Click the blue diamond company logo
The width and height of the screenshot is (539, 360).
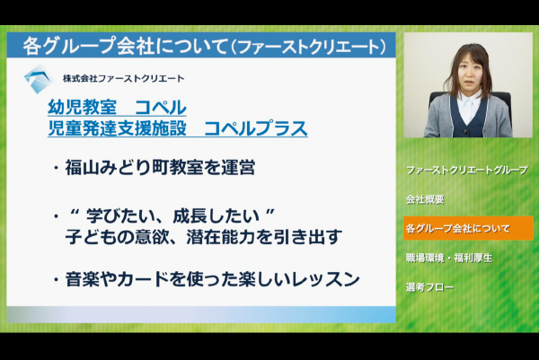click(x=39, y=79)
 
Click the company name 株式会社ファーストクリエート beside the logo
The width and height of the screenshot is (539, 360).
click(x=123, y=79)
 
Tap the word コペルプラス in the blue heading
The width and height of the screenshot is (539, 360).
click(x=255, y=128)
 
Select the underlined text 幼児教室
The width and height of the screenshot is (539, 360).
click(x=82, y=107)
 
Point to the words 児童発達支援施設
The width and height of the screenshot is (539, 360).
click(x=117, y=128)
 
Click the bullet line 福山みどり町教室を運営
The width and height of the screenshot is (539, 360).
click(x=160, y=168)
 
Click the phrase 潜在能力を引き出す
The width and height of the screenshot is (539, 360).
click(x=264, y=237)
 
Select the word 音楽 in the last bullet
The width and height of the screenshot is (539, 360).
click(x=83, y=279)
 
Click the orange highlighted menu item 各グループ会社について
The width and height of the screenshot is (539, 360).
click(x=468, y=228)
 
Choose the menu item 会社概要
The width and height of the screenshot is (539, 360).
click(x=425, y=199)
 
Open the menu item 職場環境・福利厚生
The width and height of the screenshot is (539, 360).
click(x=449, y=258)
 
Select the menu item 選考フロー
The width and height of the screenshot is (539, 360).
click(x=430, y=286)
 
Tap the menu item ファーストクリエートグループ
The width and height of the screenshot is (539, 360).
click(x=467, y=170)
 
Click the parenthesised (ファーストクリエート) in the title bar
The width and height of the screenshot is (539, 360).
click(x=308, y=47)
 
